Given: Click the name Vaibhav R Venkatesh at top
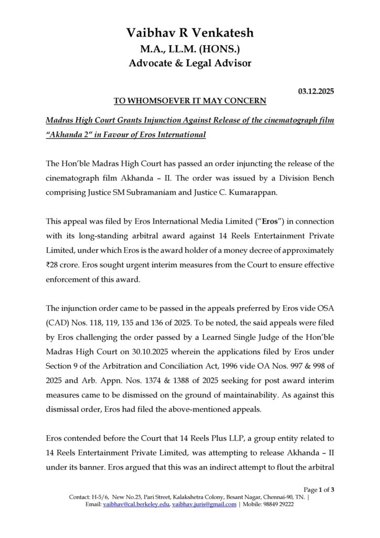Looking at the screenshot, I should [x=190, y=33].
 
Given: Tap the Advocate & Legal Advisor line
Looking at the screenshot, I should [x=190, y=64].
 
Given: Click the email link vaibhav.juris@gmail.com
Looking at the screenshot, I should [x=204, y=504].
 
